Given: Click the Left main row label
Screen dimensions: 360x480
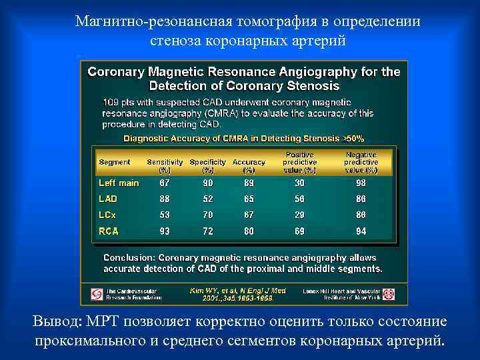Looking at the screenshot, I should [x=119, y=183].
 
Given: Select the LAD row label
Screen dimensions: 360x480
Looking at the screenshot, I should [x=108, y=199].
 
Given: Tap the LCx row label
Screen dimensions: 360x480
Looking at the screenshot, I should [x=108, y=215].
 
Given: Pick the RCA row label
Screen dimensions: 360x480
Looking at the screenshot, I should [x=109, y=231].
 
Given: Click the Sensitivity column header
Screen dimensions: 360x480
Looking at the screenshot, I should [x=165, y=165].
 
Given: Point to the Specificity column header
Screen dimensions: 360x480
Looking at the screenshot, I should [x=208, y=165].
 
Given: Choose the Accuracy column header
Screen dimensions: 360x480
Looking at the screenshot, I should [x=249, y=165].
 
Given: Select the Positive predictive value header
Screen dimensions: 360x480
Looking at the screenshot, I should [x=299, y=162].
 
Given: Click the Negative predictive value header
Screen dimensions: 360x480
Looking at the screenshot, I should [x=361, y=162].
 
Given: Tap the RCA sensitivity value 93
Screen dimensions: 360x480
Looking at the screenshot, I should [x=164, y=231].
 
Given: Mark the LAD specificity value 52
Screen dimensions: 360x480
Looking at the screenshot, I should [x=207, y=199].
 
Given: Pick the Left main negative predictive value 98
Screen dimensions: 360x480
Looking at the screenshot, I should [x=361, y=183].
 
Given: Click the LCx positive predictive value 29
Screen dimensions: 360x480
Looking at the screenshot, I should [x=299, y=215].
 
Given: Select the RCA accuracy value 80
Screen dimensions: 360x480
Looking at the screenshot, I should [x=248, y=231].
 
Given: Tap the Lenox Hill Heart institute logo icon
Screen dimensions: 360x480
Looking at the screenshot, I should [x=389, y=293].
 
